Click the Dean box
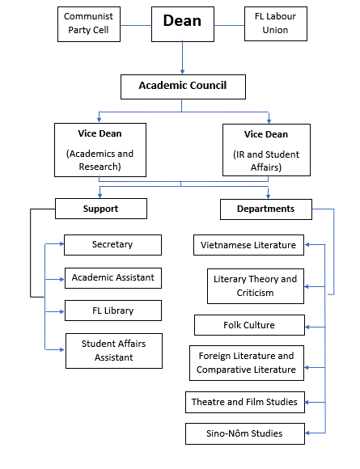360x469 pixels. [x=183, y=24]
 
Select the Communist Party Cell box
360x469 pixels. [x=89, y=24]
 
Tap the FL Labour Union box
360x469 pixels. [x=276, y=24]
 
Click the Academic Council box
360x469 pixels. [x=183, y=87]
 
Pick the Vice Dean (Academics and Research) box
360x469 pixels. [x=100, y=150]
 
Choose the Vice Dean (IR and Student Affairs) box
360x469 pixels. [x=266, y=150]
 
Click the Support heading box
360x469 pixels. [x=101, y=209]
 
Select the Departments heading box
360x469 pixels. [x=266, y=209]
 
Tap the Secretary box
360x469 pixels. [x=112, y=245]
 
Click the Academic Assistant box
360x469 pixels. [x=113, y=278]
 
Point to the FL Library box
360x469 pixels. [x=113, y=311]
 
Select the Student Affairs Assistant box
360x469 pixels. [x=114, y=351]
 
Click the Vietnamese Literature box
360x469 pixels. [x=248, y=245]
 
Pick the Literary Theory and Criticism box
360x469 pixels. [x=256, y=286]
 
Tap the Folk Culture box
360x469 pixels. [x=250, y=325]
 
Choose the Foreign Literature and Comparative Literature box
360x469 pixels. [x=247, y=363]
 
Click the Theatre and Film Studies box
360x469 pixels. [x=245, y=403]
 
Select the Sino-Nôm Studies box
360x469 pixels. [x=245, y=433]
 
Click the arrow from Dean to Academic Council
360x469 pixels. [x=182, y=58]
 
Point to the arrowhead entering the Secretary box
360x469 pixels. [x=62, y=243]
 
